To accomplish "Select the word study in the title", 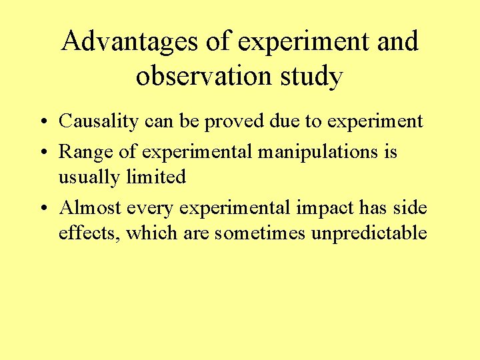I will [312, 76].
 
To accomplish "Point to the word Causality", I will [99, 121].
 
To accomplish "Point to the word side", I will [411, 208].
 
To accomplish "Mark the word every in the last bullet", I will [144, 208].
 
